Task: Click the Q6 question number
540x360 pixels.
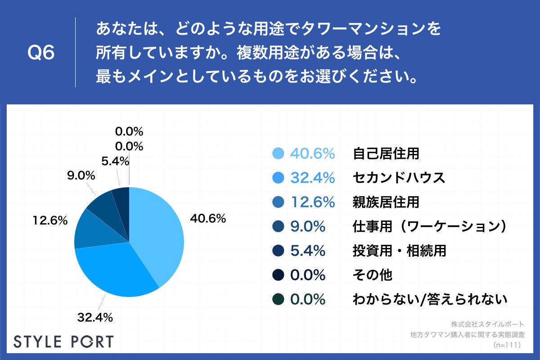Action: pos(41,53)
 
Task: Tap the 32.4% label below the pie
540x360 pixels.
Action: pos(94,318)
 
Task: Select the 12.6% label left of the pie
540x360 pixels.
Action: pos(50,220)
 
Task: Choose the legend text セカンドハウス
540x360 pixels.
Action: pos(399,178)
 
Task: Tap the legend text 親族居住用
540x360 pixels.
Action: pos(386,202)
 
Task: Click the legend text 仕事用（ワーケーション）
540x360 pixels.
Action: pos(430,226)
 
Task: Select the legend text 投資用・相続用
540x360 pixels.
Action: pos(399,251)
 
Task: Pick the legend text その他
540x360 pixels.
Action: pos(372,275)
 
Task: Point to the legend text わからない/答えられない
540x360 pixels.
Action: pos(430,299)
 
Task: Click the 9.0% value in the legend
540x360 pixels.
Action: pos(307,226)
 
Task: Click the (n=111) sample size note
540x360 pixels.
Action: pos(507,345)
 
